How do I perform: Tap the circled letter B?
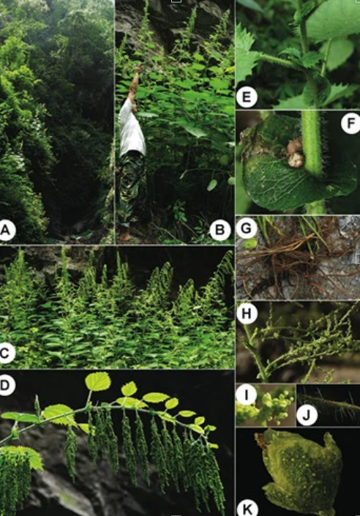220,230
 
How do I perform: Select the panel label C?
6,353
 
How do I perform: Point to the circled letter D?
6,385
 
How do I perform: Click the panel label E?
247,97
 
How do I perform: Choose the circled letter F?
350,124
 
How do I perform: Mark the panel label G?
247,228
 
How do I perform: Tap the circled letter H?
247,313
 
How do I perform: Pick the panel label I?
247,395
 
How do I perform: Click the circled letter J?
307,415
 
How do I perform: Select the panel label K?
247,509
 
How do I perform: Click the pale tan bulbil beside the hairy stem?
296,154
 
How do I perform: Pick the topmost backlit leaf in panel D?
98,381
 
